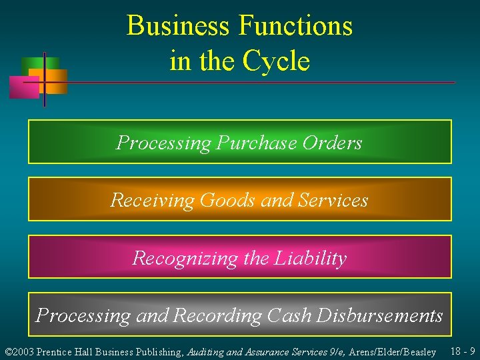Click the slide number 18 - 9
click(x=463, y=351)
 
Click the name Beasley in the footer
click(x=417, y=352)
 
